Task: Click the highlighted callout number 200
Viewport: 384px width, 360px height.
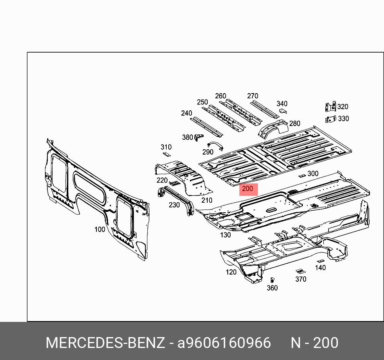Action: click(248, 189)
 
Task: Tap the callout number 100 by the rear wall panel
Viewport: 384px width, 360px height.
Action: click(100, 230)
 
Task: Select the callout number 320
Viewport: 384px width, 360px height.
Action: click(343, 107)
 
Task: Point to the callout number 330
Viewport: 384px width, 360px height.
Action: click(343, 119)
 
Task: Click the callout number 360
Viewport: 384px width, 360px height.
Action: click(272, 288)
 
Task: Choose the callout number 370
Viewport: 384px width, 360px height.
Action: click(300, 279)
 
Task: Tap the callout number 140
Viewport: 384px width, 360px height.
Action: click(320, 268)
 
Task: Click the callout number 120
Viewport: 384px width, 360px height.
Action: click(231, 272)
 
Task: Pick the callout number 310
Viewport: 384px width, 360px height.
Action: click(166, 147)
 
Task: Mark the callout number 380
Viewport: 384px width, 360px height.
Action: click(187, 137)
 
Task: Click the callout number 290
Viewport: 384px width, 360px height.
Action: click(208, 152)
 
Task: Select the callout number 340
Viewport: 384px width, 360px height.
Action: click(282, 104)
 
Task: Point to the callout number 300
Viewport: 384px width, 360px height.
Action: click(313, 174)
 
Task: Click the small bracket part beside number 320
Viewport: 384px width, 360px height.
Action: click(330, 107)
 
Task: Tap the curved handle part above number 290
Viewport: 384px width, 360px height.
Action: click(215, 145)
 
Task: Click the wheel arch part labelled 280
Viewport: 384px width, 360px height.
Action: click(273, 128)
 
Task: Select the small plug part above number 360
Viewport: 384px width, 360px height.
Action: click(272, 280)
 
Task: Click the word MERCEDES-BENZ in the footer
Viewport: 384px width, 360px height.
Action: click(105, 343)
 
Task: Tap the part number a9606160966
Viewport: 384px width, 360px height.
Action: click(224, 343)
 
